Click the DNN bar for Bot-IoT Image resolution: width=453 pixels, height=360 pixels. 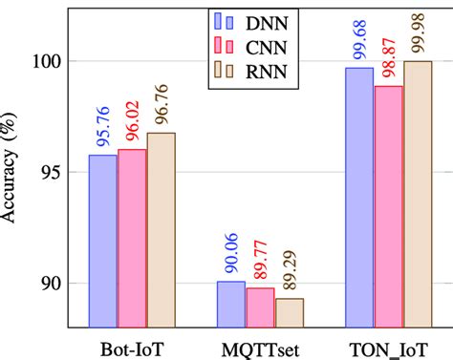[x=102, y=239]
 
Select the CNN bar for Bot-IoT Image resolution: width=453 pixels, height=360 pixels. [x=131, y=237]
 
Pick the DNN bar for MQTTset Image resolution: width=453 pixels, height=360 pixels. [x=230, y=303]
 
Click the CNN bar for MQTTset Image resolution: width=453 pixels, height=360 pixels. [x=260, y=306]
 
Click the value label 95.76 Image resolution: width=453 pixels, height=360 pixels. [x=102, y=131]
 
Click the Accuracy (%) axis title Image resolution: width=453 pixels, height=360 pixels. [x=11, y=181]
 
